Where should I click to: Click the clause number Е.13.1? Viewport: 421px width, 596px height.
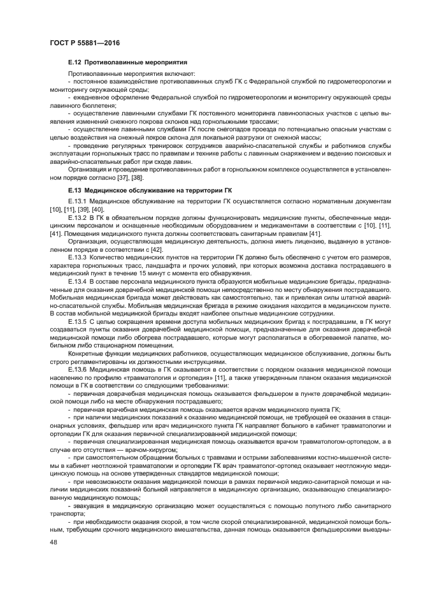(x=77, y=201)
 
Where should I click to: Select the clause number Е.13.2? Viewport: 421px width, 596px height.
(x=77, y=218)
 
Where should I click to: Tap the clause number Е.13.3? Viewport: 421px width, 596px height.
(x=77, y=259)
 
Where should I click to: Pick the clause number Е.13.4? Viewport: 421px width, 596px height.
(x=77, y=282)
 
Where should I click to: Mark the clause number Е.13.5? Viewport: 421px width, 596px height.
(x=77, y=323)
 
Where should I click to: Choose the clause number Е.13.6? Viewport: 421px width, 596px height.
(x=77, y=369)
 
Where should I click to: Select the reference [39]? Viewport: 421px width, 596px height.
(x=83, y=209)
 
